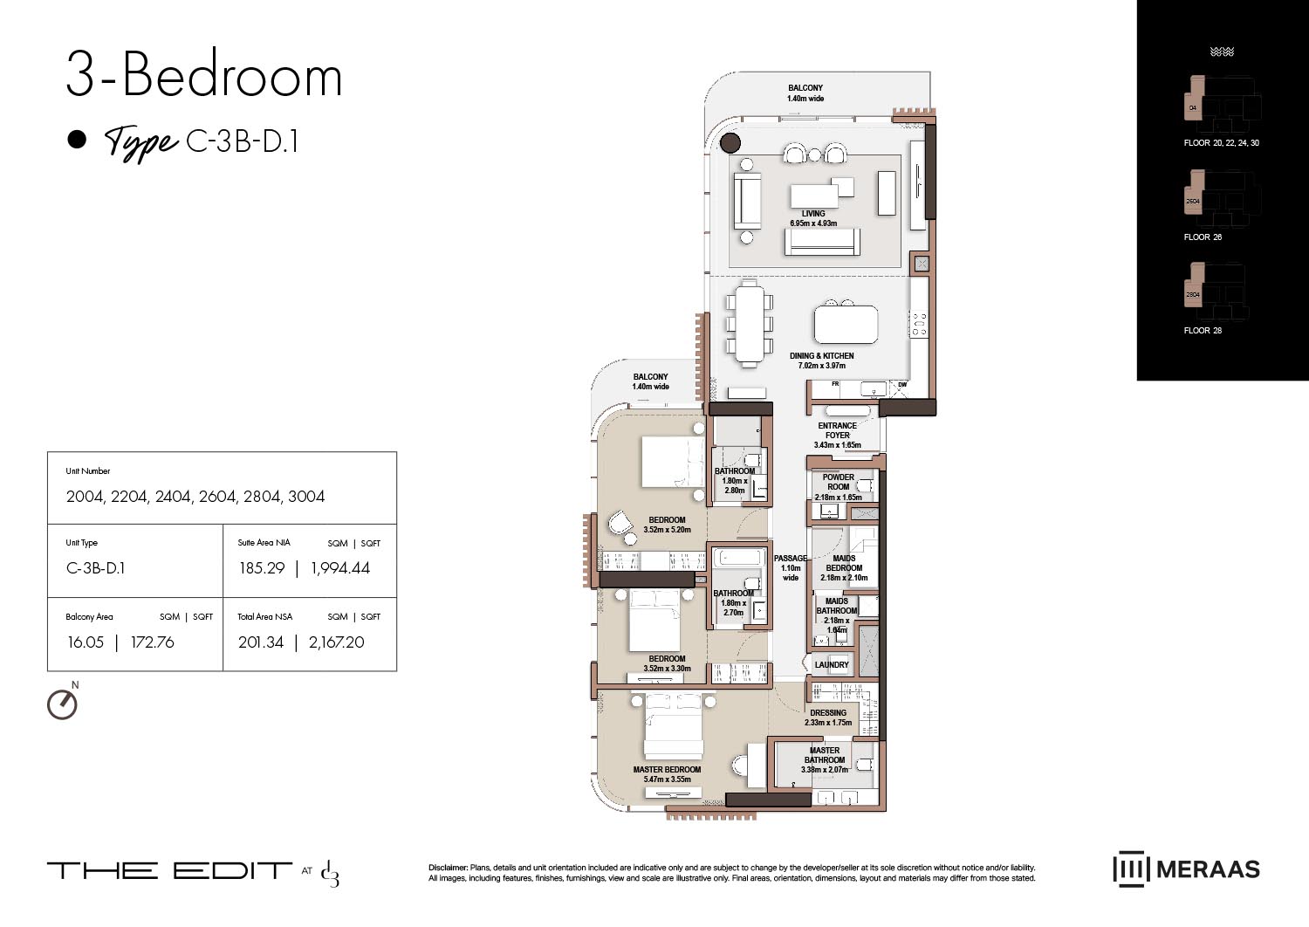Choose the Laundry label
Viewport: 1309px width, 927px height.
(831, 665)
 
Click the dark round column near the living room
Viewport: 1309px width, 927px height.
(730, 143)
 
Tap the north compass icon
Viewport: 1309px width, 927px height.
(62, 704)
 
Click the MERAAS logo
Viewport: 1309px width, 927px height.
(1186, 869)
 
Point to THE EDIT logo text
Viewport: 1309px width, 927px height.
(169, 870)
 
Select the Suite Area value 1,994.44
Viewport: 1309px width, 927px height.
(340, 568)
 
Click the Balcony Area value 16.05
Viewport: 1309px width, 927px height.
(86, 642)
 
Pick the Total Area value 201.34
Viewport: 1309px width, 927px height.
(261, 642)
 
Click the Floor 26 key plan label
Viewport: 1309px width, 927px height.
(1203, 237)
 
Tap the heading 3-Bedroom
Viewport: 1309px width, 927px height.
(204, 76)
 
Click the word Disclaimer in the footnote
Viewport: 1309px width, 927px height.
(448, 868)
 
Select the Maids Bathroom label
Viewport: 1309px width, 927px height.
(836, 606)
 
